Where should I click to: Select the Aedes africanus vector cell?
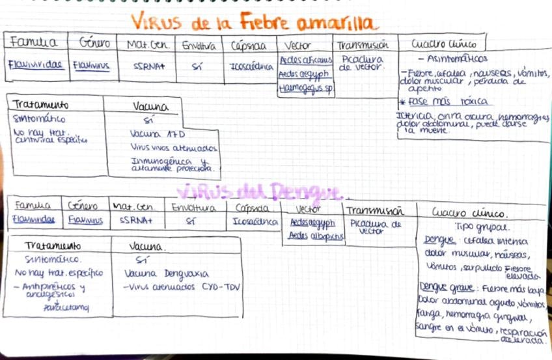305,60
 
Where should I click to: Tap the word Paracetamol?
65,307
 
